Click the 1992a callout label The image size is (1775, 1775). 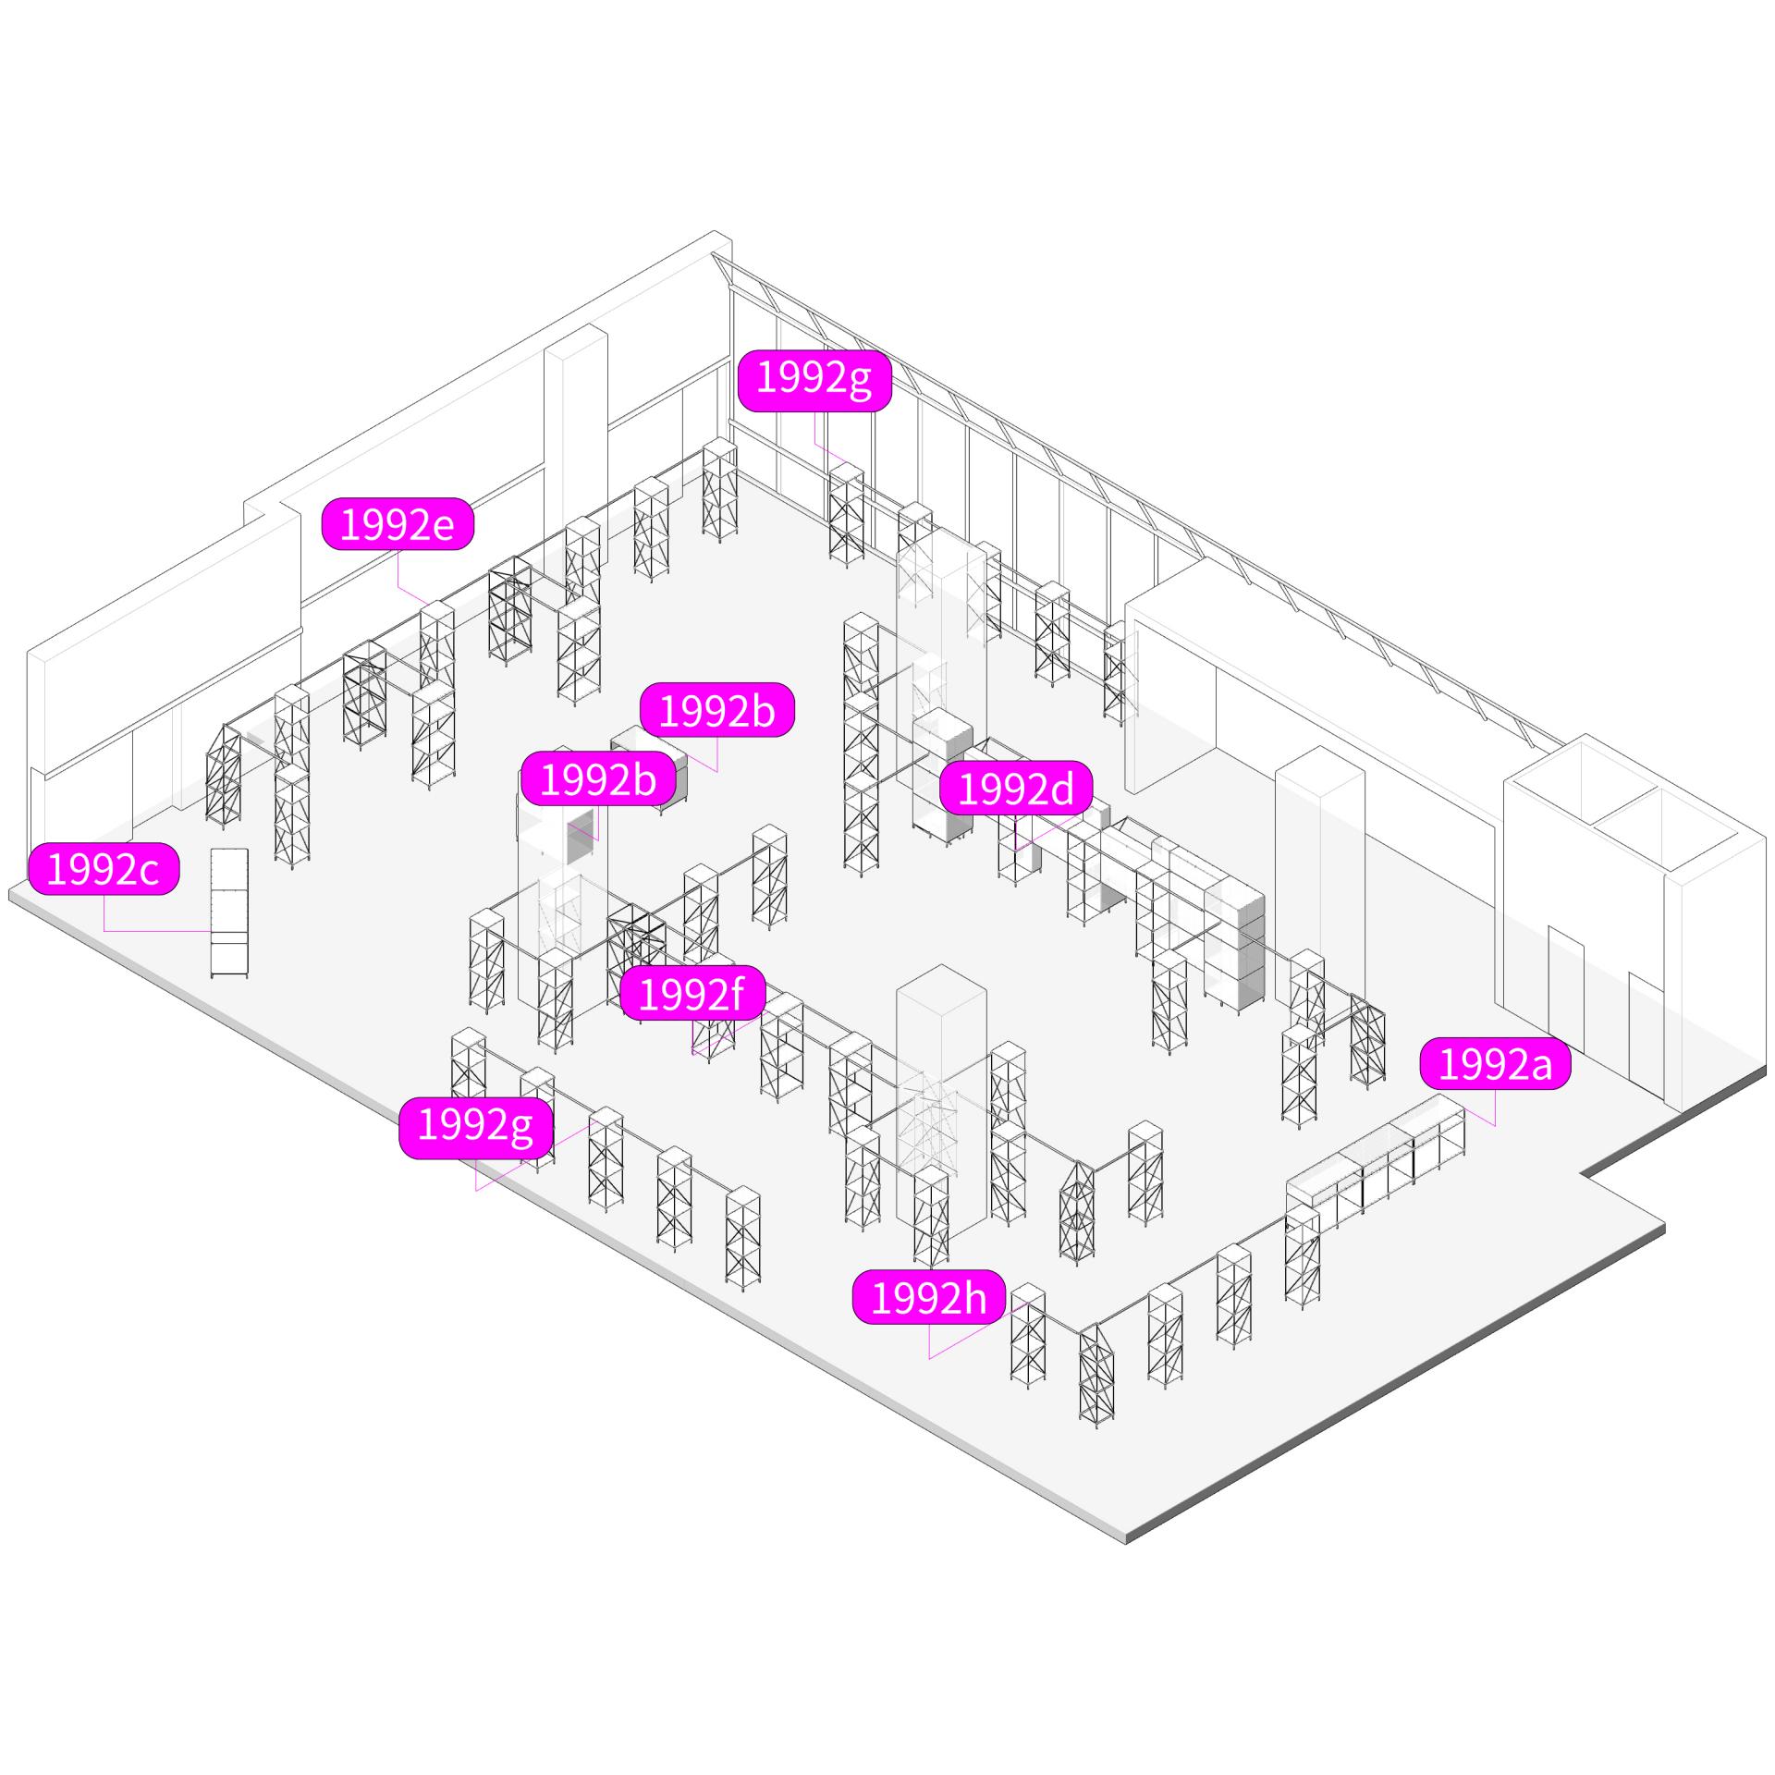click(1495, 1064)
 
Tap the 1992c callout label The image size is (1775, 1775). click(104, 870)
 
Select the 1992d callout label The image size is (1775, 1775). click(1016, 789)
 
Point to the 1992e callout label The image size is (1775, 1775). click(398, 524)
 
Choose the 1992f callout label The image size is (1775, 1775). click(692, 994)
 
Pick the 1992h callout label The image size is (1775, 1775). click(929, 1299)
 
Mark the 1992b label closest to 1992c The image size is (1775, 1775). click(598, 779)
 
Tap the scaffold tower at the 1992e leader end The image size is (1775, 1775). click(436, 647)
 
